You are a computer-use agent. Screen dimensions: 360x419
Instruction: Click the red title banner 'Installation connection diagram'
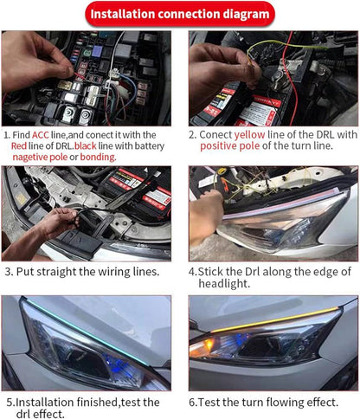(x=180, y=14)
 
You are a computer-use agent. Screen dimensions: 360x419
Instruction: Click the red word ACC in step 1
(x=41, y=135)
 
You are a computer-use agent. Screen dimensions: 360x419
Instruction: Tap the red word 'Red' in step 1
(x=19, y=145)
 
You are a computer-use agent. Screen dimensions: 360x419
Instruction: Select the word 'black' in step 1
(x=86, y=145)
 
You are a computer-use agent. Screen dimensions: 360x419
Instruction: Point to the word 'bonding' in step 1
(x=97, y=157)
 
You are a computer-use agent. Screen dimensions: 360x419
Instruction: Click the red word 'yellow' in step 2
(x=249, y=135)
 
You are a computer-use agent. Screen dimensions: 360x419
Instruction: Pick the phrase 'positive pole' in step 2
(x=230, y=146)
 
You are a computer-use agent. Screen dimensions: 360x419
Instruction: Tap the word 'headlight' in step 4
(x=223, y=283)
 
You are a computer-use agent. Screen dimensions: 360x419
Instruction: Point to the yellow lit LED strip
(x=274, y=319)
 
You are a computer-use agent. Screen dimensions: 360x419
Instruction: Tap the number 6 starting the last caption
(x=192, y=403)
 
